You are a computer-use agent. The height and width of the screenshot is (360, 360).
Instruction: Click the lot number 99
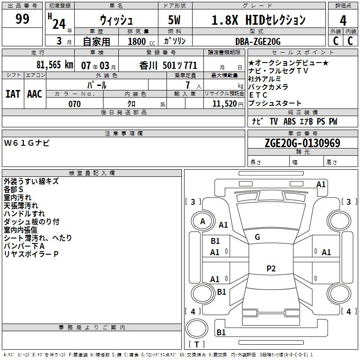pyautogui.click(x=22, y=19)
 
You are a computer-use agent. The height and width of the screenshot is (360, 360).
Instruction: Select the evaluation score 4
pyautogui.click(x=343, y=21)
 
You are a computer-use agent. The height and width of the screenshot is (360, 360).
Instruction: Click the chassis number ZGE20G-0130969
pyautogui.click(x=302, y=144)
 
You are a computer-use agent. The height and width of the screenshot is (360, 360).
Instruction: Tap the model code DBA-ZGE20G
pyautogui.click(x=258, y=41)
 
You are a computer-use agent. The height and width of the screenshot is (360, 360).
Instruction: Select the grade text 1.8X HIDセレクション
pyautogui.click(x=258, y=20)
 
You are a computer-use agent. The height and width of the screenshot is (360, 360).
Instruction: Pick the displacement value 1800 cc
pyautogui.click(x=141, y=41)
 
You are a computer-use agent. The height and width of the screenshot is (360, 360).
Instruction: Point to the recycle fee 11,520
pyautogui.click(x=224, y=104)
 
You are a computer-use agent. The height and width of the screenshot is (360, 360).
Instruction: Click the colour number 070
pyautogui.click(x=75, y=104)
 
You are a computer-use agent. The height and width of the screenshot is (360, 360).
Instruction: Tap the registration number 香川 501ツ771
pyautogui.click(x=168, y=64)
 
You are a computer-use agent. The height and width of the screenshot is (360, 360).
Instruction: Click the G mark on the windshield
pyautogui.click(x=257, y=237)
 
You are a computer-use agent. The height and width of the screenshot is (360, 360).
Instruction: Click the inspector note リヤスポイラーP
pyautogui.click(x=31, y=254)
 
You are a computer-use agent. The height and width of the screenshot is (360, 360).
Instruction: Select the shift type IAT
pyautogui.click(x=13, y=94)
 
